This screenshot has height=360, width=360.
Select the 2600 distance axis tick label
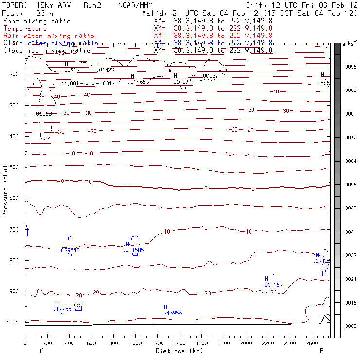[312, 344]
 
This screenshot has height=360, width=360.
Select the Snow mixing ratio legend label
[36, 21]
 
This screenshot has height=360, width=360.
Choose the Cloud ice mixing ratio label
[47, 51]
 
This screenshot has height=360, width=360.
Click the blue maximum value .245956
[172, 313]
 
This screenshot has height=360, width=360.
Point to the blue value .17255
[63, 309]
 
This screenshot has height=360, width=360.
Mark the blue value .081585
[134, 250]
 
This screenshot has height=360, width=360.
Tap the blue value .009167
[273, 285]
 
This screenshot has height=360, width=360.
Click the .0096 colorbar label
[351, 67]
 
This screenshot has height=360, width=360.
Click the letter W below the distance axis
[40, 351]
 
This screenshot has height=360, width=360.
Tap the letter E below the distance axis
[321, 351]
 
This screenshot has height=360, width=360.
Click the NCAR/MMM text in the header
[134, 5]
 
